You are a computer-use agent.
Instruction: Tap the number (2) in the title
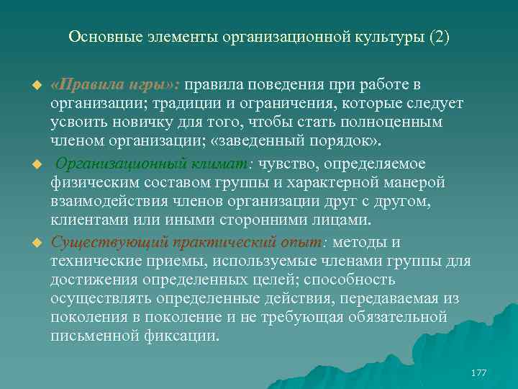coord(439,36)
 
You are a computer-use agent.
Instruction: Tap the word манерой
coord(411,182)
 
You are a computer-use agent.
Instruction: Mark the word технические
coord(91,260)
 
